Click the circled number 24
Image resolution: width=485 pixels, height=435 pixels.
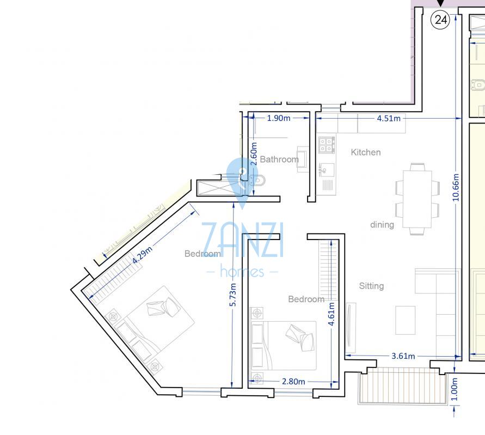click(440, 20)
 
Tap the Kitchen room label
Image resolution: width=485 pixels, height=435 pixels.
click(366, 152)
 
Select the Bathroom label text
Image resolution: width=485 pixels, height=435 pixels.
click(279, 160)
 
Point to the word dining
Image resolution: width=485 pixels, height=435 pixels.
click(382, 225)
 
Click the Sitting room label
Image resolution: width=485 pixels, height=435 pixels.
click(371, 286)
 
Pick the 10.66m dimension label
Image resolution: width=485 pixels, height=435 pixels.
click(456, 187)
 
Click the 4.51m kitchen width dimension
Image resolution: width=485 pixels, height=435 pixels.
click(389, 119)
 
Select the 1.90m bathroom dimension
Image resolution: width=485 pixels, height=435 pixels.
click(278, 118)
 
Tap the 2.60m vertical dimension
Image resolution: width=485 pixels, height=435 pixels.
click(254, 154)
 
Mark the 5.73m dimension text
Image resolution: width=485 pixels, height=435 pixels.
click(232, 295)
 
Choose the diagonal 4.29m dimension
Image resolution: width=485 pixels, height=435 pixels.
click(142, 255)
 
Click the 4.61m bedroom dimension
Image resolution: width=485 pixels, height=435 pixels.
click(331, 314)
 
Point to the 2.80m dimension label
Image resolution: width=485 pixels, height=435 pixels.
click(293, 382)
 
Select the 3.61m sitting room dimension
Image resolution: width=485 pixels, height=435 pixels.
click(403, 356)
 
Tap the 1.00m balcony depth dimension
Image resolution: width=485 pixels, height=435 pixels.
click(454, 389)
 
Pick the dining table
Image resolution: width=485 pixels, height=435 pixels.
click(417, 199)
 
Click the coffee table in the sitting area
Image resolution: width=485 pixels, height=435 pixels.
click(405, 320)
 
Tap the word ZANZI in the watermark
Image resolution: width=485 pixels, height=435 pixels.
click(242, 240)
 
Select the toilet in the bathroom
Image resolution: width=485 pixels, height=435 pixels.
click(257, 180)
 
